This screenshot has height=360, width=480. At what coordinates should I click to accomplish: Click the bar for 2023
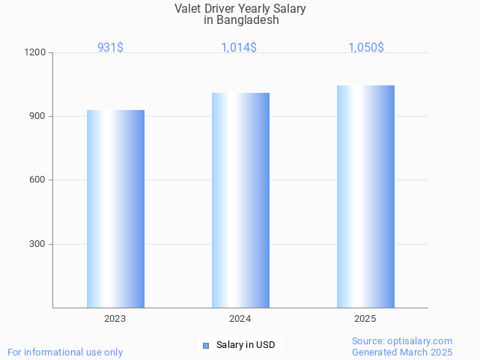(x=115, y=209)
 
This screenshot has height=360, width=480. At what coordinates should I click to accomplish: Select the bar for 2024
(x=240, y=200)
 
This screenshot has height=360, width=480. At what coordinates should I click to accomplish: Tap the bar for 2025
(x=365, y=196)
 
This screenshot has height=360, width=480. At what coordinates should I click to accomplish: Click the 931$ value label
(x=111, y=47)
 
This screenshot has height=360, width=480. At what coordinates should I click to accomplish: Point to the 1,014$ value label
(x=239, y=47)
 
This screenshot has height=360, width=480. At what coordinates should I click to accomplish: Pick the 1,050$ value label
(x=366, y=47)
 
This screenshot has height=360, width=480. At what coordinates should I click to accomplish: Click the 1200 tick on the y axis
(x=36, y=53)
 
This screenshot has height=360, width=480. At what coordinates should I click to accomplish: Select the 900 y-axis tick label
(x=37, y=117)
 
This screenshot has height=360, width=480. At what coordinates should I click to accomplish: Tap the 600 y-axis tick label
(x=37, y=180)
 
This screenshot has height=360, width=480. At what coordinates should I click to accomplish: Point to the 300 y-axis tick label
(x=37, y=244)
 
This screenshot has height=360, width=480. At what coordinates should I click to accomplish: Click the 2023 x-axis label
(x=115, y=319)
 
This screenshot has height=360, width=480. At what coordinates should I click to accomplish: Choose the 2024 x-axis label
(x=240, y=319)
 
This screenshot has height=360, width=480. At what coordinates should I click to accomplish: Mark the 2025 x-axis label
(x=365, y=319)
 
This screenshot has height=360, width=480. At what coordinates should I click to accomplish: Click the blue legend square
(x=206, y=345)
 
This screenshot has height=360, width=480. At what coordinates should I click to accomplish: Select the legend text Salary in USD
(x=246, y=345)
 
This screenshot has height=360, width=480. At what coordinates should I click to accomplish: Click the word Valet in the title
(x=188, y=9)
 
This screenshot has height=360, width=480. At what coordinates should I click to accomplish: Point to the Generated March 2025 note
(x=402, y=352)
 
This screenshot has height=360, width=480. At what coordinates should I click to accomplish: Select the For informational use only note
(x=65, y=352)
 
